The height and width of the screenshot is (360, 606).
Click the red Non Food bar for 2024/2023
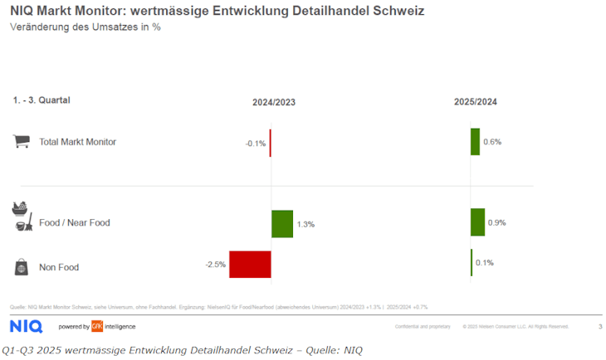pos(250,264)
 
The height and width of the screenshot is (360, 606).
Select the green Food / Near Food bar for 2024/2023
pos(282,223)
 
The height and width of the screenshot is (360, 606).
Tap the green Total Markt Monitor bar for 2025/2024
pos(475,141)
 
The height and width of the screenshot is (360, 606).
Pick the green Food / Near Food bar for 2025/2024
pos(477,221)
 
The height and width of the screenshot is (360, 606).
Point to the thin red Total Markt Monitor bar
pos(271,142)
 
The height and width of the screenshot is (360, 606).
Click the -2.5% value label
pos(215,265)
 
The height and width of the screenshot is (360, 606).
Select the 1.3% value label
pos(305,224)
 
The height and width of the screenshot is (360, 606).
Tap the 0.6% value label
pos(492,142)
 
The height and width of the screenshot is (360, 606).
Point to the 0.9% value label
pos(496,222)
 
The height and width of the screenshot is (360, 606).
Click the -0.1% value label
pos(256,144)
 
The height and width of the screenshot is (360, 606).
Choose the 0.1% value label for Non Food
pos(485,263)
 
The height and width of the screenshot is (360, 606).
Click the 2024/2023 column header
pos(274,102)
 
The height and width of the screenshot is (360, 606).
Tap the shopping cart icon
pos(22,141)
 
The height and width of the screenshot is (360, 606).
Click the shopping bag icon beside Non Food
pos(22,267)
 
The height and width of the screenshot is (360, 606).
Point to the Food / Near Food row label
pos(75,222)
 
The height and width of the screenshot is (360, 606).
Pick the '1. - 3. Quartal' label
pos(42,100)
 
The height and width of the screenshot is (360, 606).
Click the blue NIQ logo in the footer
pos(26,326)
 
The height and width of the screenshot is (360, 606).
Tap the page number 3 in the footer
pos(600,327)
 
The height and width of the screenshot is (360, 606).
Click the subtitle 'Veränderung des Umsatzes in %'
pos(85,27)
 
